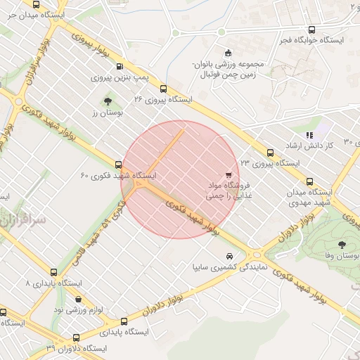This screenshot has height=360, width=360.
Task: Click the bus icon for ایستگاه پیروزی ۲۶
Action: [x=163, y=89]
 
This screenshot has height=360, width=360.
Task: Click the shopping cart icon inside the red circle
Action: [x=229, y=174]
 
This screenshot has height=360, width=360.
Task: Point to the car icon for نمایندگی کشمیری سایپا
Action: [x=229, y=257]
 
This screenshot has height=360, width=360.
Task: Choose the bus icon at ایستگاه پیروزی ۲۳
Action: [x=271, y=152]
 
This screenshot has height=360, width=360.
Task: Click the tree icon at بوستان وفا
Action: [x=342, y=245]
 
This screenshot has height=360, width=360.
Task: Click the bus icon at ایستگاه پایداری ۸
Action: [x=54, y=271]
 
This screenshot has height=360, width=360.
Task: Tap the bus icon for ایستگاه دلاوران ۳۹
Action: [x=76, y=337]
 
